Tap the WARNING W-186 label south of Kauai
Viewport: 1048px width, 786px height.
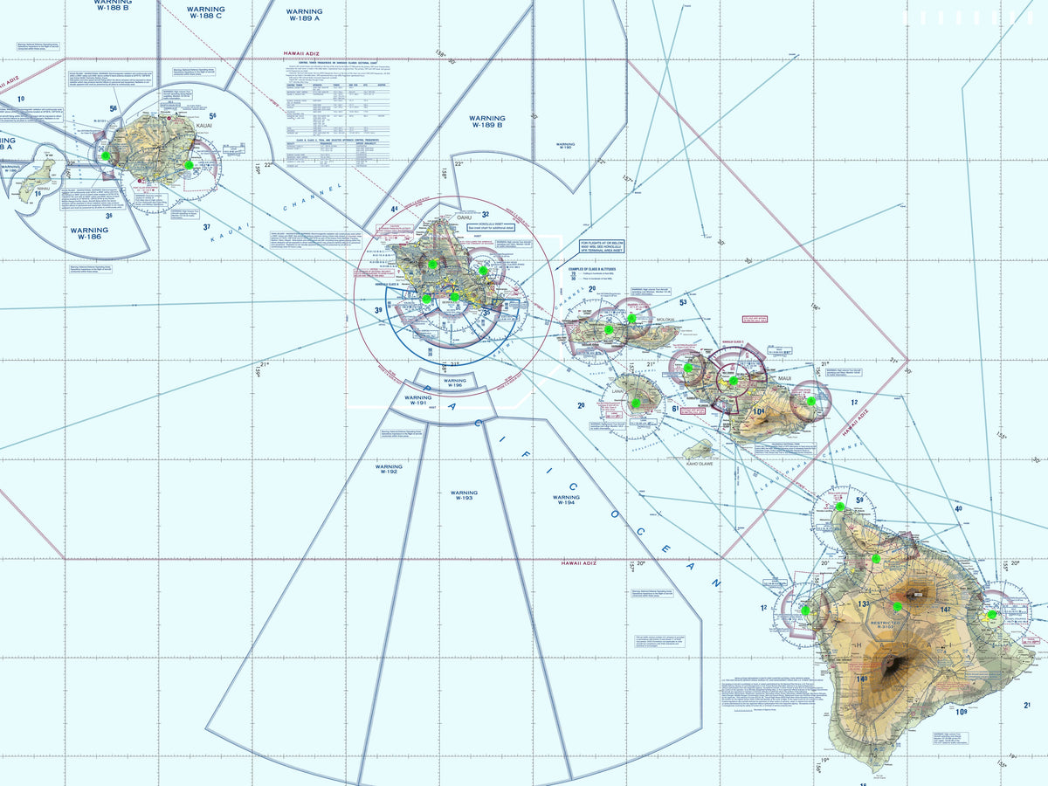click(88, 232)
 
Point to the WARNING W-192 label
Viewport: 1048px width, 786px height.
click(389, 471)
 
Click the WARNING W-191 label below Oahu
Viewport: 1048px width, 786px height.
click(416, 401)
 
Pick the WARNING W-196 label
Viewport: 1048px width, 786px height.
click(455, 384)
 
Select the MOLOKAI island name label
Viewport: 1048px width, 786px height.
click(667, 321)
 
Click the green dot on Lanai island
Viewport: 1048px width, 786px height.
click(636, 403)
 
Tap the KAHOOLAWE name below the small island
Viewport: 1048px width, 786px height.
click(700, 464)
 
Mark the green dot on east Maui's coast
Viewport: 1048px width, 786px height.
click(810, 401)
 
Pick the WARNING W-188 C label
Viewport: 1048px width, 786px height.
click(205, 12)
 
